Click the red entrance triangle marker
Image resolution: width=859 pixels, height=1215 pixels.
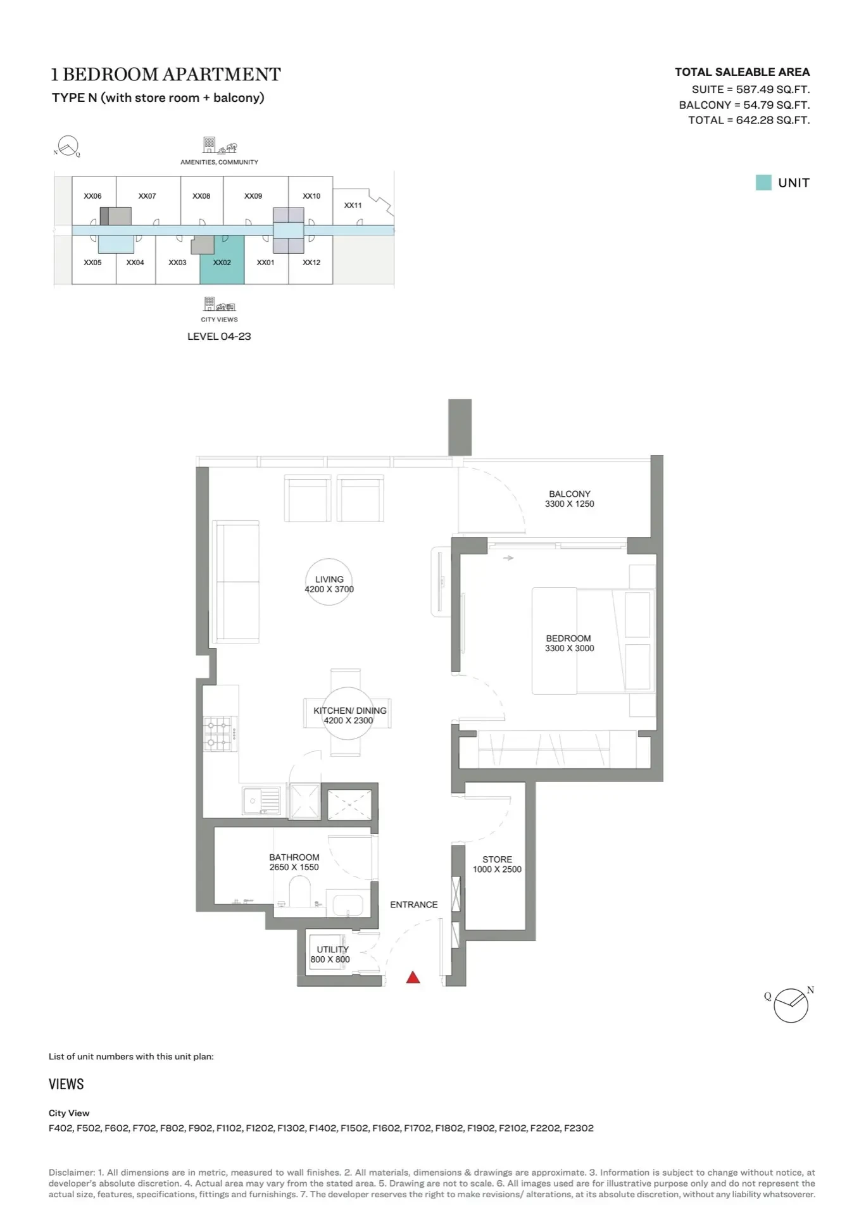[x=413, y=977]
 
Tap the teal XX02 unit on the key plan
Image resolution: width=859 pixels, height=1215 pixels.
[x=222, y=259]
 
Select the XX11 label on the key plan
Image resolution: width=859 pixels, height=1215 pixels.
[x=353, y=205]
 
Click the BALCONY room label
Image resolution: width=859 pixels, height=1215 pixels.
[x=570, y=494]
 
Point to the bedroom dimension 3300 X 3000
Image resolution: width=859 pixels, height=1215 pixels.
[x=570, y=648]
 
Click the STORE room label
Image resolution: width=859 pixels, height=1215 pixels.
[x=498, y=859]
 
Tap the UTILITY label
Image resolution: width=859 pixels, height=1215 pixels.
[x=332, y=949]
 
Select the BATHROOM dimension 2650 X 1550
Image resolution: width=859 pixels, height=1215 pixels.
[x=294, y=867]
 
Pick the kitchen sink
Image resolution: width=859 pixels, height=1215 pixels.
[x=261, y=801]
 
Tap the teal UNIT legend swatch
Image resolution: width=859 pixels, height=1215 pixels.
[x=763, y=183]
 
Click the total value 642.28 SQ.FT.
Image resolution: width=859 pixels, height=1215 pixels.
[x=773, y=120]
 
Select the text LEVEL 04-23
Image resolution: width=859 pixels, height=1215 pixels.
[x=219, y=337]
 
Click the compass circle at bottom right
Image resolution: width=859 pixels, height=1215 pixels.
[x=791, y=1006]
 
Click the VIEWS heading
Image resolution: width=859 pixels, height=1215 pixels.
[x=66, y=1084]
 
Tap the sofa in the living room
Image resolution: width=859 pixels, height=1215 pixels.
[x=236, y=582]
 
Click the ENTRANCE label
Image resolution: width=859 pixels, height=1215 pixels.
[x=414, y=904]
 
